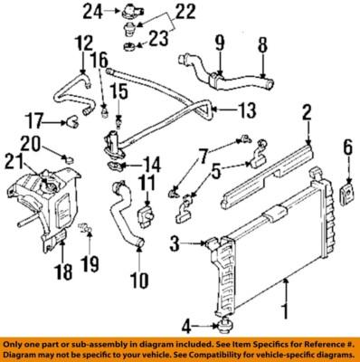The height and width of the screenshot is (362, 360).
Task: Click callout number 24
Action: tap(113, 12)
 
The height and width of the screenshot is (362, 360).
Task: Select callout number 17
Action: tap(35, 121)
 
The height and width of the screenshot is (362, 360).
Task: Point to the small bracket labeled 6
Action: tap(347, 194)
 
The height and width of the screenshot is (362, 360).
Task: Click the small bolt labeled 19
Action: tap(88, 229)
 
